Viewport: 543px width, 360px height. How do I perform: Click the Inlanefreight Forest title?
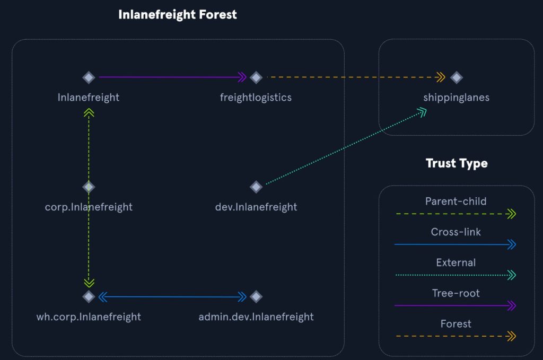pos(178,14)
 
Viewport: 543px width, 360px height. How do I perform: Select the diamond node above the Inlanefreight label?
pos(89,77)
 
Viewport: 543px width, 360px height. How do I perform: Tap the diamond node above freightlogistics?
pos(256,77)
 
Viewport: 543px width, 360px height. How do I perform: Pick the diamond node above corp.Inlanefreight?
pos(89,187)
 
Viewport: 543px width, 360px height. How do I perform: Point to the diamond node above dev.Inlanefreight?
pos(256,187)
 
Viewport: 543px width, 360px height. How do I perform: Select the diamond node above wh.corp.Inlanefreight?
pos(89,296)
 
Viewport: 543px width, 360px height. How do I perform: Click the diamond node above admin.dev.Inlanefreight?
pos(256,296)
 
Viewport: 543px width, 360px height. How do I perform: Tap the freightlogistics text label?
pos(256,98)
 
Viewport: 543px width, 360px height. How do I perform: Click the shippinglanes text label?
pos(457,98)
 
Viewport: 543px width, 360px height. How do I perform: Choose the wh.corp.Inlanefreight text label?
pos(89,317)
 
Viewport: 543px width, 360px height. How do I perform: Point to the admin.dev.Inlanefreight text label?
pos(256,317)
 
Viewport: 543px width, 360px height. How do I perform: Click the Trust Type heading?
pos(457,163)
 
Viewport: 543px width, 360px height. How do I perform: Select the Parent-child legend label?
pos(456,201)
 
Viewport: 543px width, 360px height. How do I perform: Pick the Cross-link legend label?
pos(456,232)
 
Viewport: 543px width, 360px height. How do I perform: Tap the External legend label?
pos(456,262)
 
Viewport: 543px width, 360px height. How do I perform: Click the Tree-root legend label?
pos(456,293)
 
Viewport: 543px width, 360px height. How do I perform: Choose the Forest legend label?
pos(456,323)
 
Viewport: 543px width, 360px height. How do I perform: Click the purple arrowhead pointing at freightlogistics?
pos(242,77)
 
